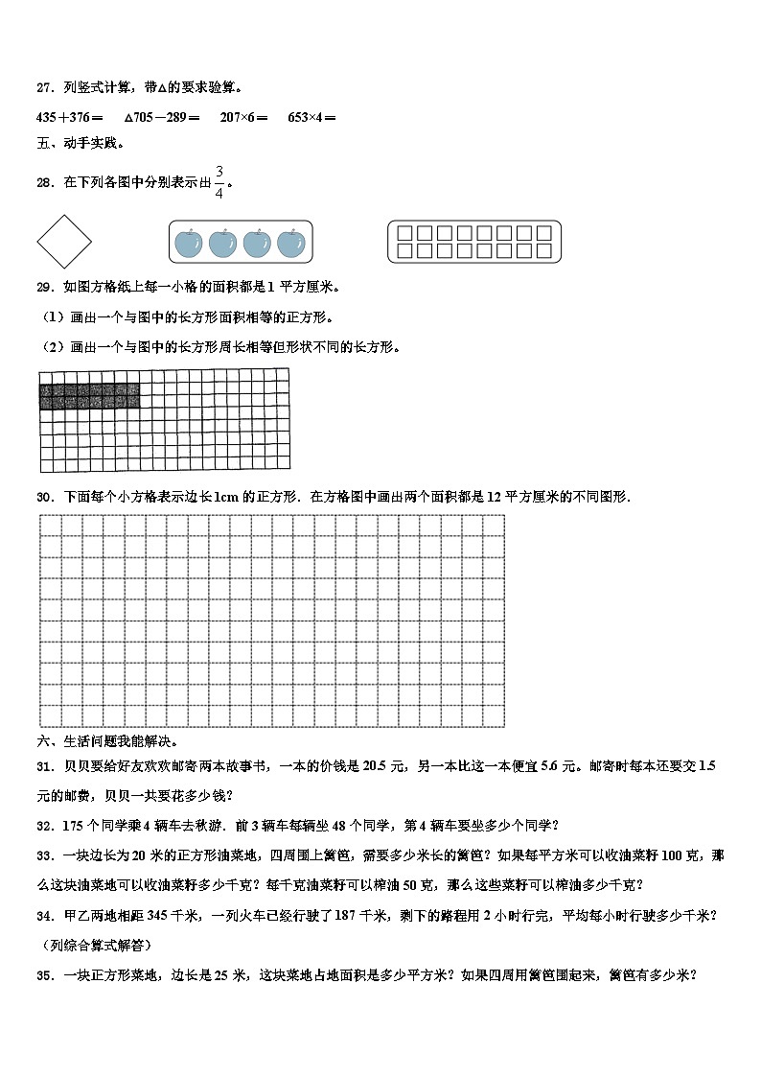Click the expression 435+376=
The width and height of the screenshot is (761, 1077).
coord(70,117)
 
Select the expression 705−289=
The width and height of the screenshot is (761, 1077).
coord(166,117)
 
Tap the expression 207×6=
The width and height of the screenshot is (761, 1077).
coord(243,117)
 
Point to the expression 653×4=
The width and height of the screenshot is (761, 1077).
coord(311,117)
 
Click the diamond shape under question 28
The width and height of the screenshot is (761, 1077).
coord(64,241)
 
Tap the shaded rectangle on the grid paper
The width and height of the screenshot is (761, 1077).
coord(89,395)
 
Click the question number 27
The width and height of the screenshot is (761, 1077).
coord(43,88)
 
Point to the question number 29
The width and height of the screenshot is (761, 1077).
coord(43,287)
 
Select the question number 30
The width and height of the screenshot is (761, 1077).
coord(43,497)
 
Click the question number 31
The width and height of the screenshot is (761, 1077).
coord(43,766)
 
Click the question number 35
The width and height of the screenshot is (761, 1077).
coord(43,976)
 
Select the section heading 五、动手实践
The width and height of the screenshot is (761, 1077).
coord(80,144)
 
